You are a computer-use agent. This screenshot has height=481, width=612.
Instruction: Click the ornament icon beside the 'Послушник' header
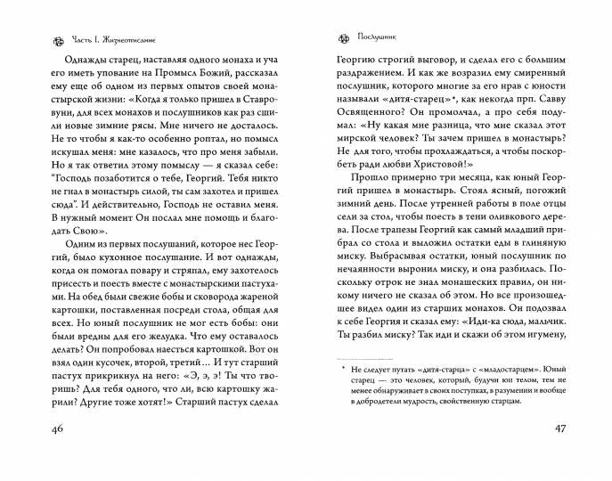click(338, 39)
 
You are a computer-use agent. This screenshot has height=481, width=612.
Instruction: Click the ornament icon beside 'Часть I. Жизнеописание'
click(36, 39)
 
